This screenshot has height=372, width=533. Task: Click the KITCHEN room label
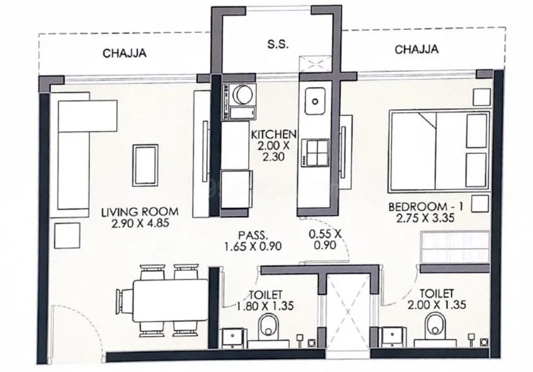273,134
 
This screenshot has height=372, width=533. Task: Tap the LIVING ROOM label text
140,211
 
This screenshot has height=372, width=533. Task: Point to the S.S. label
278,44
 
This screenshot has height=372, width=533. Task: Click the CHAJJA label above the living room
125,53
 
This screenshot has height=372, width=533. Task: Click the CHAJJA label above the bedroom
417,50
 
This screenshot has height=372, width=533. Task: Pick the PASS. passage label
253,235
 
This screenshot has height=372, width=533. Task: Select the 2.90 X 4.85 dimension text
140,224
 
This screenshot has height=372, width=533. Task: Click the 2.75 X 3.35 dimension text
426,218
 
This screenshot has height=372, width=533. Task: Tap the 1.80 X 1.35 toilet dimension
265,306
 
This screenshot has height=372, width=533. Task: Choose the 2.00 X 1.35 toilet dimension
437,304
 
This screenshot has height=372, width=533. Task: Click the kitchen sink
315,101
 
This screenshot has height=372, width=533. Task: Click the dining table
170,301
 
